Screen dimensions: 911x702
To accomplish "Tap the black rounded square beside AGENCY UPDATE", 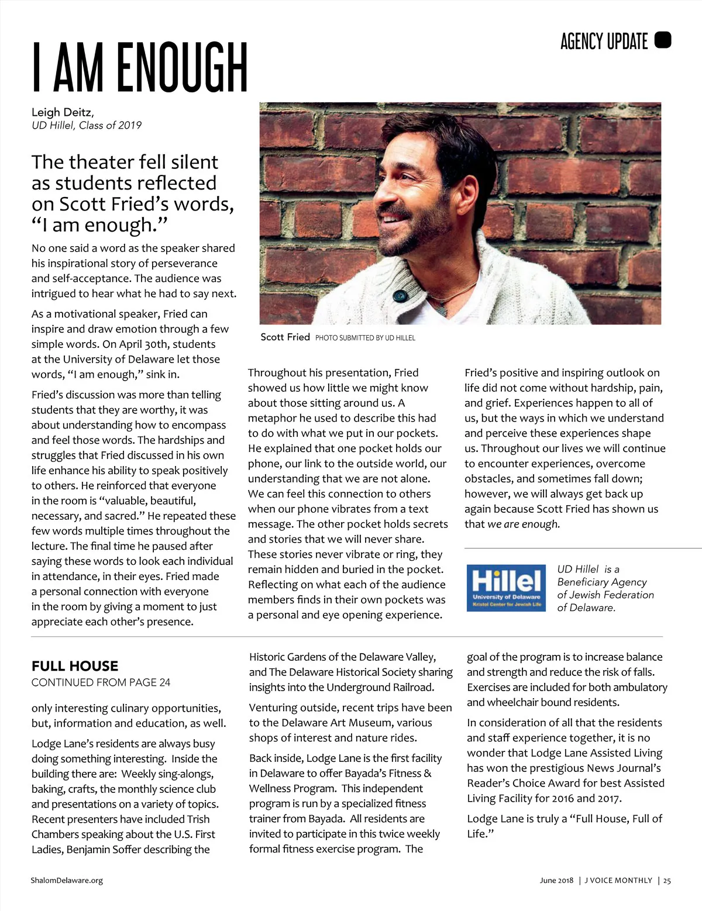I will [663, 40].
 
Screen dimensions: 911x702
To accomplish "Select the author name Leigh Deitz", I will [62, 112].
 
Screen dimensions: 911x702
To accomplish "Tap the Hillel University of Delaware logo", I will [506, 588].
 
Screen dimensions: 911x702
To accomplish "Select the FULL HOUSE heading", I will [75, 666].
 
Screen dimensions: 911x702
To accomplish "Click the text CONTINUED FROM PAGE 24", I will [101, 682].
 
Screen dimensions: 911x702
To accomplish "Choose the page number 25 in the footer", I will [667, 881].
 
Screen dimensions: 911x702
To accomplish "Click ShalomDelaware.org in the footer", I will [67, 881].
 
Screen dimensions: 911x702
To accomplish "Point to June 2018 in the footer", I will [556, 881].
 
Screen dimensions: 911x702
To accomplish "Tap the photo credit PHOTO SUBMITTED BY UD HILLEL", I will [365, 338].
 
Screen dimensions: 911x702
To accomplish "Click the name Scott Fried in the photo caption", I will [285, 337].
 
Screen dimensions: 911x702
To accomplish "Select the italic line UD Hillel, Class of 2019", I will [87, 125].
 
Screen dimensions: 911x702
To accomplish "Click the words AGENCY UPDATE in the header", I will [604, 41].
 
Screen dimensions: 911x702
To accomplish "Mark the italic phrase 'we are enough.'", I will [524, 524].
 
